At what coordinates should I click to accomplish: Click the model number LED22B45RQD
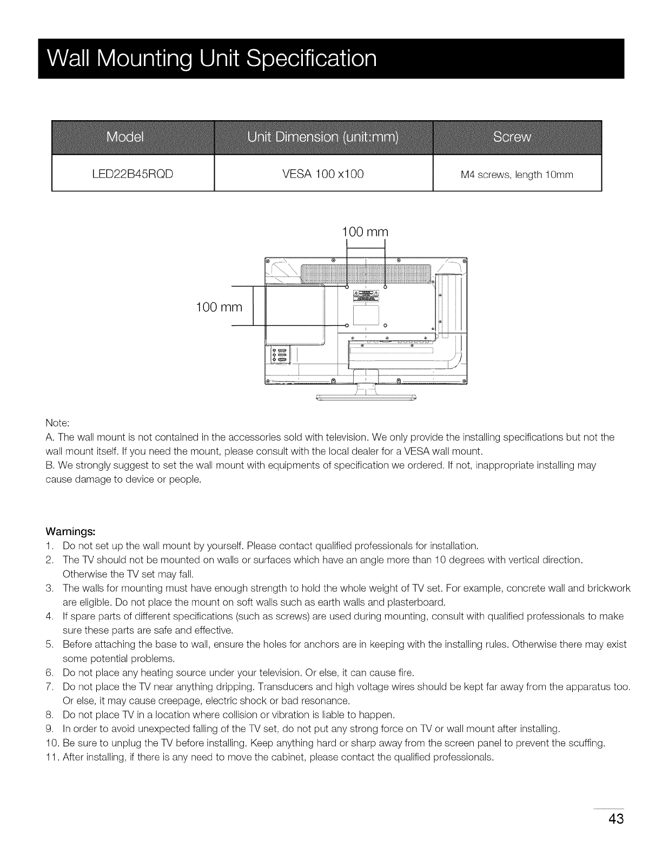point(133,174)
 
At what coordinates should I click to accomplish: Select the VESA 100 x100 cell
point(323,174)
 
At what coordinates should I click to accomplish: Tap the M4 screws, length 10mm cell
point(517,175)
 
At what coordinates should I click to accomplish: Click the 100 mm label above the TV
point(365,232)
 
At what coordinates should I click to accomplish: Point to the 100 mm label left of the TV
point(219,308)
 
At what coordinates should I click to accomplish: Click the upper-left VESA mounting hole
point(347,287)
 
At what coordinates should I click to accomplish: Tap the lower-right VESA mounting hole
point(385,325)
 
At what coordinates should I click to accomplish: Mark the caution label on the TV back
point(365,296)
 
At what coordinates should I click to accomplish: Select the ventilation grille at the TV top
point(365,273)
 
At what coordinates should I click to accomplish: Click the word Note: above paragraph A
point(57,423)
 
